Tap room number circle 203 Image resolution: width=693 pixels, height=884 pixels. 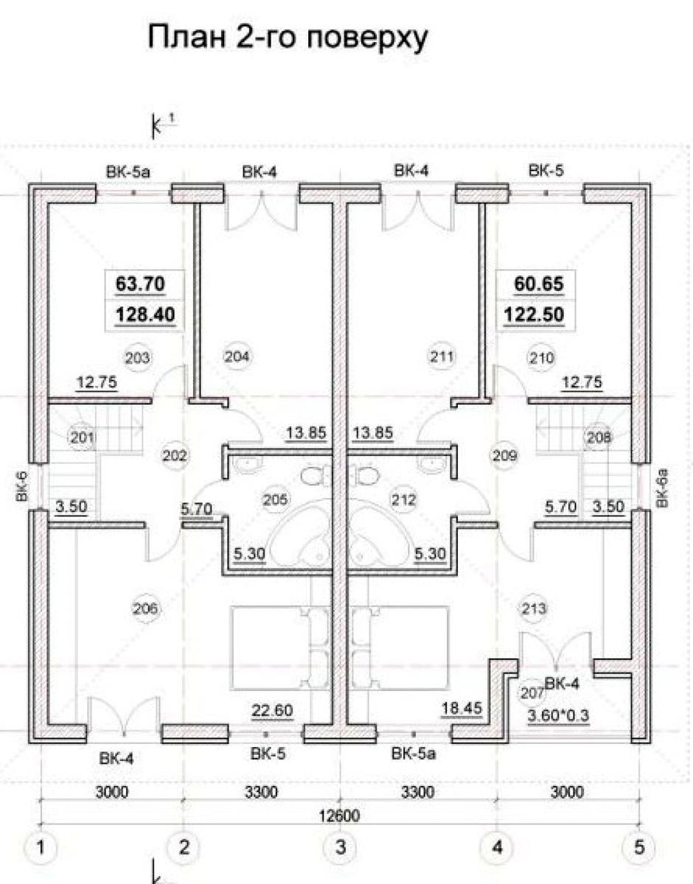[139, 358]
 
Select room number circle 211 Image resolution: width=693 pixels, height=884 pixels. [441, 357]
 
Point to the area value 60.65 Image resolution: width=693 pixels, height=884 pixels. [533, 283]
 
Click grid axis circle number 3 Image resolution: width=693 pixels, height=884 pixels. [341, 848]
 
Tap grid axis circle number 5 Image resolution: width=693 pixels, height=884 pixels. [638, 848]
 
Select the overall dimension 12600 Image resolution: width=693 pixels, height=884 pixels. [340, 815]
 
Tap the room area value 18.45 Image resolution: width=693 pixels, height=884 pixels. [462, 709]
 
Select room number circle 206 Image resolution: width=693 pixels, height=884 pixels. [145, 608]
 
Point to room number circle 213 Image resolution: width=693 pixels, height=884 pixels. [534, 608]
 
